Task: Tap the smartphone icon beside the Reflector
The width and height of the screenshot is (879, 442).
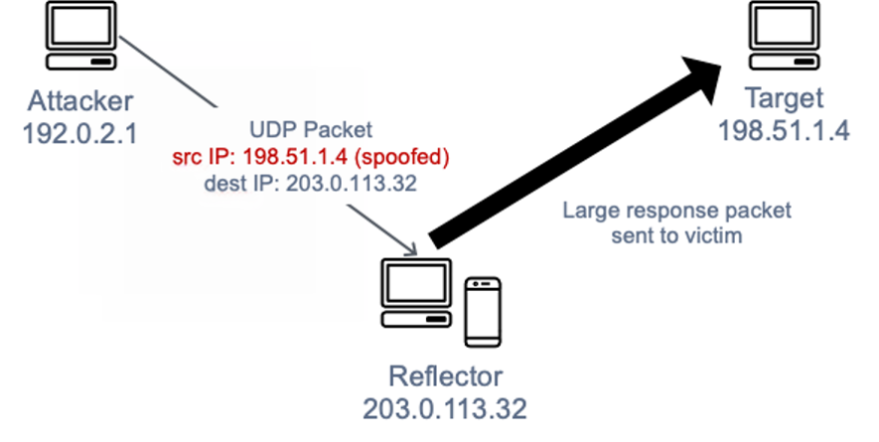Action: coord(482,311)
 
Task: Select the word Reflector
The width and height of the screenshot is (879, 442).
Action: coord(447,377)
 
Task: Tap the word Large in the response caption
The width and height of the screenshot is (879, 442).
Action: coord(586,211)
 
